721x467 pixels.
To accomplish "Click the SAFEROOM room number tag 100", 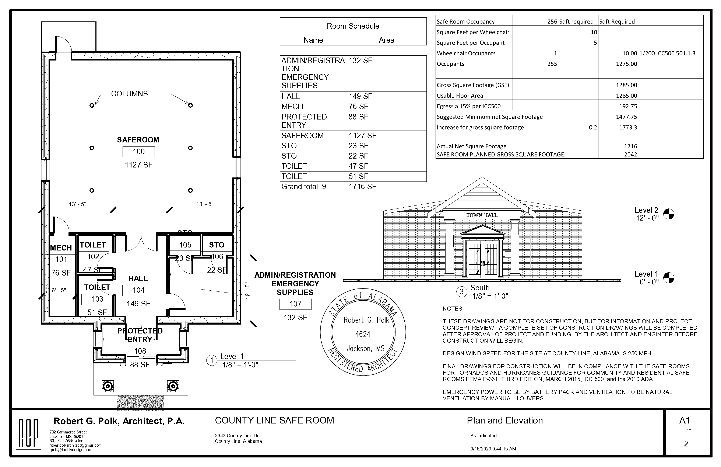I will pos(138,152).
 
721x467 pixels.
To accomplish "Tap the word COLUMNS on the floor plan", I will pos(129,94).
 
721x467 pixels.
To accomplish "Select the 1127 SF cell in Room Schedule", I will pos(362,136).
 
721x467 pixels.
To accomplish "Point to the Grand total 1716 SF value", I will pos(362,187).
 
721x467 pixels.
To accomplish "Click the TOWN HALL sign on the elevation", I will pos(482,215).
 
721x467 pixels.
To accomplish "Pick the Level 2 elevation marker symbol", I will pos(669,214).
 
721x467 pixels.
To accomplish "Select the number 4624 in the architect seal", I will pos(363,334).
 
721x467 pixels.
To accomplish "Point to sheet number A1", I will pos(685,420).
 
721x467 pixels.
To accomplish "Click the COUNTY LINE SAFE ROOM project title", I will pos(274,420).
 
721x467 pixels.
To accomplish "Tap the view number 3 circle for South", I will pos(461,292).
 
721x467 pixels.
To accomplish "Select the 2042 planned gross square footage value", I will pos(630,154).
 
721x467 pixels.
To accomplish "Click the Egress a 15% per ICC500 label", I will pos(468,106).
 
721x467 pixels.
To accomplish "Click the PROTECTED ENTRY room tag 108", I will pos(140,351).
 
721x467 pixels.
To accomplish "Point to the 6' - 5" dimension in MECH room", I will pos(59,290).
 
